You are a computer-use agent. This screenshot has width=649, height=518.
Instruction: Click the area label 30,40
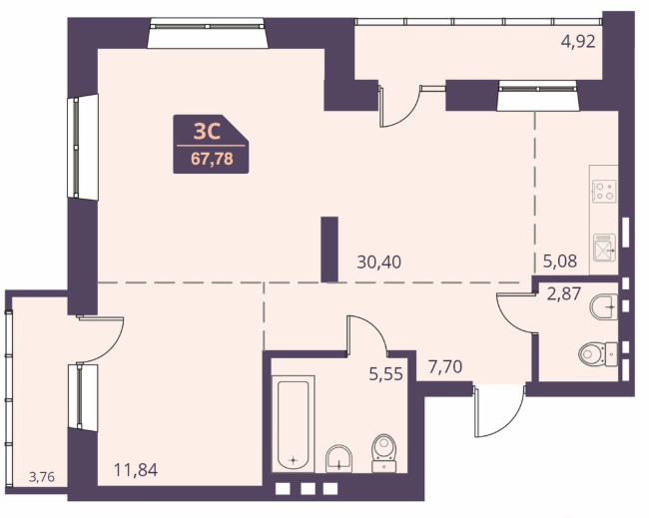(378, 262)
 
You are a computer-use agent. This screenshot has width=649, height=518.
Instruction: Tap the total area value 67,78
(212, 159)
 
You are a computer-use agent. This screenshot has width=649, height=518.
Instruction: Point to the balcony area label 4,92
(578, 41)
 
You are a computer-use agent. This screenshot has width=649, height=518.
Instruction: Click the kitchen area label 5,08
(559, 261)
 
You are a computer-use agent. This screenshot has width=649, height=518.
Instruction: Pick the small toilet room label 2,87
(564, 293)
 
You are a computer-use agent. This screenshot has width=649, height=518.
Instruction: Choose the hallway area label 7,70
(445, 366)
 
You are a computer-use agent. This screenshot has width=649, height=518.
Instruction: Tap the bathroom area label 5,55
(385, 374)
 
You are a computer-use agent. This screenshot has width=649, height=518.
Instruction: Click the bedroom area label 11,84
(136, 470)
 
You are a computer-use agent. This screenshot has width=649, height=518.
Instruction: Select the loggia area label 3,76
(42, 477)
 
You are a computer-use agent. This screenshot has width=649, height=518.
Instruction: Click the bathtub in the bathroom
(293, 425)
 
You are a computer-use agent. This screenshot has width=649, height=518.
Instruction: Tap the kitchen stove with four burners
(604, 192)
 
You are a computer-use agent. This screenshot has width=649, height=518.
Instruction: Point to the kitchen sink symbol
(604, 248)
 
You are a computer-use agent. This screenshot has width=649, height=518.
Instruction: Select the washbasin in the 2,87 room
(604, 306)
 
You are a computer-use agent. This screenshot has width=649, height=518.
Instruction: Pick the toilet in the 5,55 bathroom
(384, 453)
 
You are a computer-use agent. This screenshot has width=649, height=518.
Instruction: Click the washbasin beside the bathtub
(339, 458)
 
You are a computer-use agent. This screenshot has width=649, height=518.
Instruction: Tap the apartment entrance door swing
(500, 411)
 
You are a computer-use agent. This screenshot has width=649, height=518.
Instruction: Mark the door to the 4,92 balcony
(399, 106)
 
